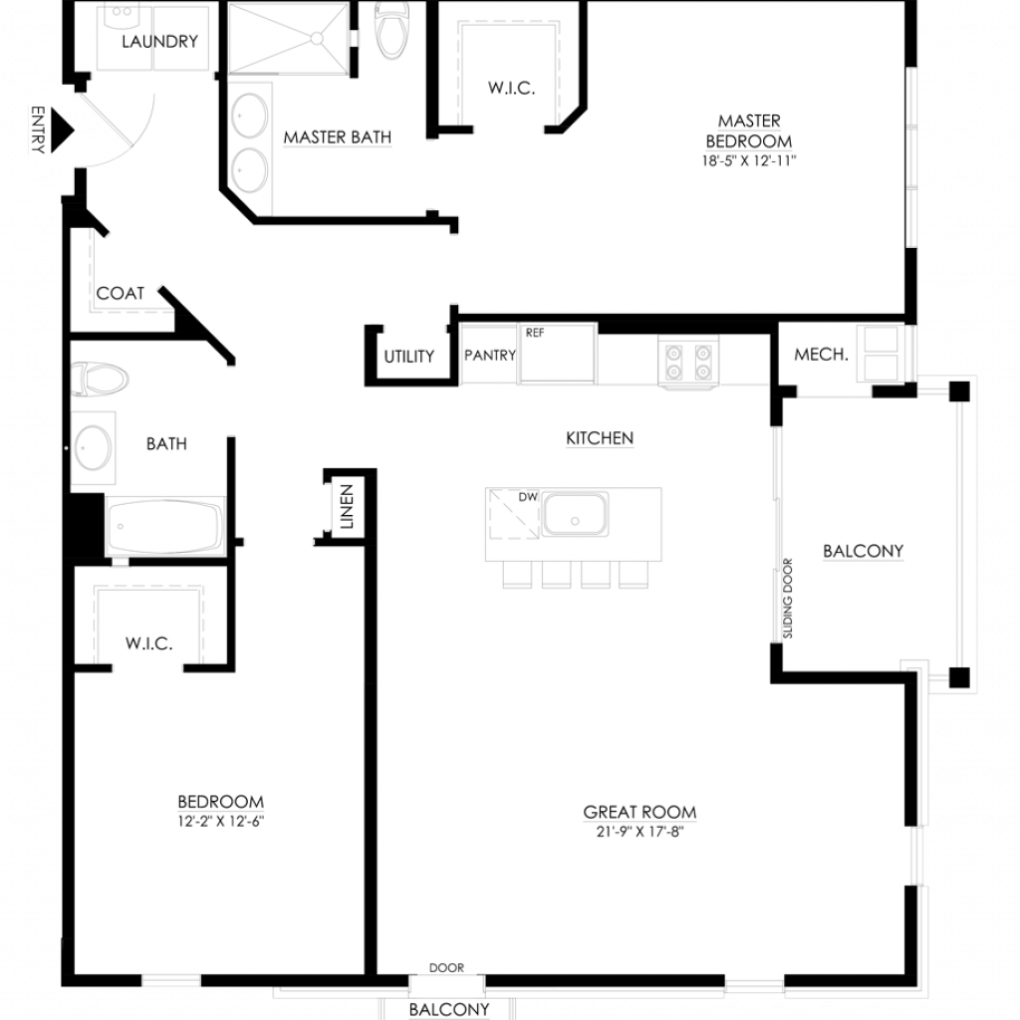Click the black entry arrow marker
point(62,130)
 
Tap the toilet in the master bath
point(392,28)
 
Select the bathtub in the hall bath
point(165,526)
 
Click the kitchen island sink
point(575,514)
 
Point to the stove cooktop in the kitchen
point(688,363)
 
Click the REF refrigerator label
point(535,333)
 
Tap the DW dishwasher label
point(528,497)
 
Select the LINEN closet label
point(347,506)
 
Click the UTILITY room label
point(408,357)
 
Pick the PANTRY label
point(490,356)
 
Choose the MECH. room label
point(821,355)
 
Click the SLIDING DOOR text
point(788,599)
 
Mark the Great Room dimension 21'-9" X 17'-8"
point(640,832)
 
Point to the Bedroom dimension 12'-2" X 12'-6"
point(220,821)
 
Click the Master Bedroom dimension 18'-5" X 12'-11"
point(749,160)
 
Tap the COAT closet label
point(121,294)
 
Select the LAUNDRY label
point(159,42)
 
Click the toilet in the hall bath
point(100,379)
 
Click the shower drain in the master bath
point(317,39)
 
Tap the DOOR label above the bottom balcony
point(446,968)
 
